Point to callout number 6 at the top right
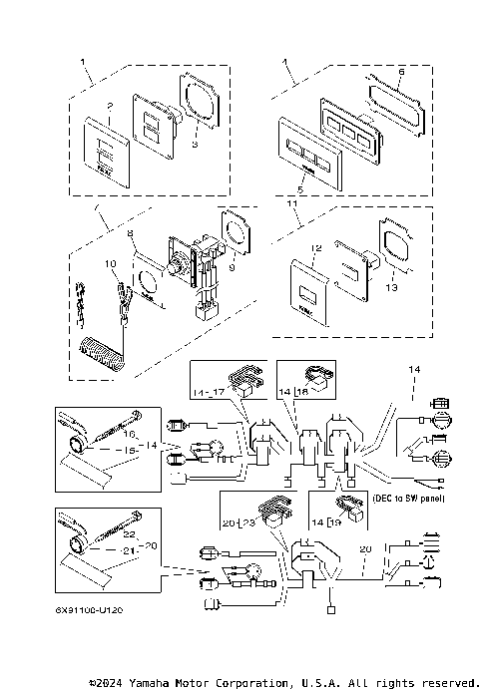(401, 73)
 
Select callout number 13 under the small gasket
(388, 286)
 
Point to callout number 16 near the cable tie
(130, 435)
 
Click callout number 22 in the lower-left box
(129, 533)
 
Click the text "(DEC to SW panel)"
(407, 497)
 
